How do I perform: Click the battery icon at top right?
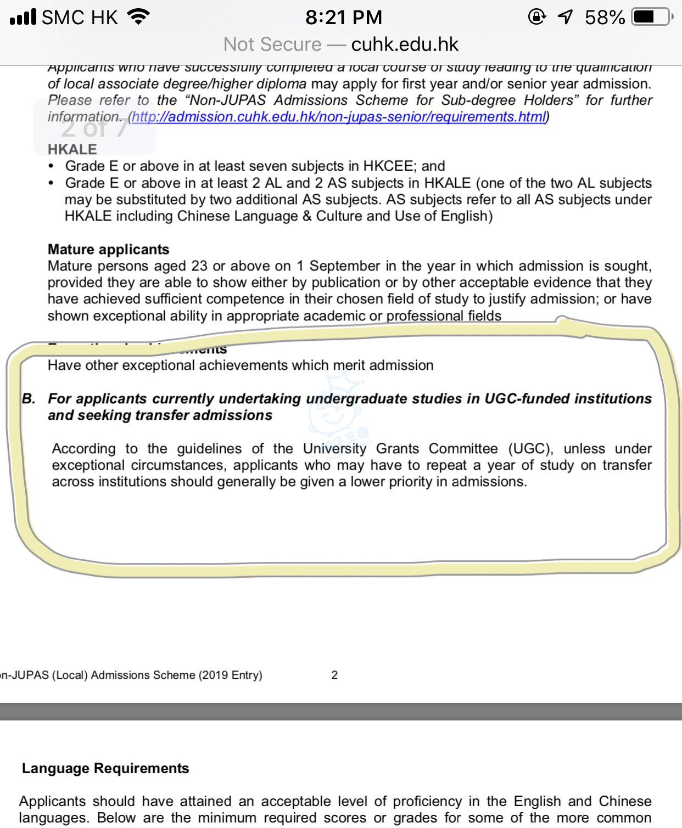pyautogui.click(x=651, y=17)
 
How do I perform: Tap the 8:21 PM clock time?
pyautogui.click(x=344, y=18)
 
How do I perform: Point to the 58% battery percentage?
pyautogui.click(x=605, y=18)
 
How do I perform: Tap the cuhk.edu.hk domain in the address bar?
pyautogui.click(x=405, y=44)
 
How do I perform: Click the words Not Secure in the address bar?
pyautogui.click(x=272, y=44)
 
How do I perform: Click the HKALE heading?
pyautogui.click(x=72, y=149)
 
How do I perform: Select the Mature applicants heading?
pyautogui.click(x=108, y=249)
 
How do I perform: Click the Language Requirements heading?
pyautogui.click(x=105, y=768)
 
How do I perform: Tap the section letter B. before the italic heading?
pyautogui.click(x=29, y=398)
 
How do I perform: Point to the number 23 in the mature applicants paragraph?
pyautogui.click(x=199, y=266)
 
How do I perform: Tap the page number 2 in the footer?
pyautogui.click(x=334, y=675)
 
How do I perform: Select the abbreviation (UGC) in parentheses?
pyautogui.click(x=530, y=449)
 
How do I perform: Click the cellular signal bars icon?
pyautogui.click(x=23, y=17)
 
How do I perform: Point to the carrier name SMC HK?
pyautogui.click(x=80, y=18)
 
